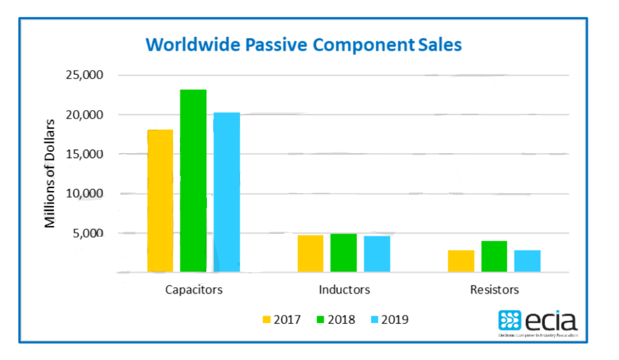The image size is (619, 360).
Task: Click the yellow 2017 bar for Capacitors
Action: pyautogui.click(x=160, y=201)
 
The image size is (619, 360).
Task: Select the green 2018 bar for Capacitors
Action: pyautogui.click(x=193, y=181)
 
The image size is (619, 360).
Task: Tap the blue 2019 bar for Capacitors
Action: pyautogui.click(x=226, y=192)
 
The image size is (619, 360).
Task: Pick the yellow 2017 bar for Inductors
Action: pyautogui.click(x=311, y=253)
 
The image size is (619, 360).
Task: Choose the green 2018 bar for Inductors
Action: pyautogui.click(x=343, y=253)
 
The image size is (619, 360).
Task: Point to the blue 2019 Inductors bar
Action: pyautogui.click(x=377, y=254)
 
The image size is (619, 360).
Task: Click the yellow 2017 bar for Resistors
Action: pyautogui.click(x=461, y=261)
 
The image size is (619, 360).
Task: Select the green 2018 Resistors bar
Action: pyautogui.click(x=494, y=256)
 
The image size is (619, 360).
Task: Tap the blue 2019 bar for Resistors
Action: pyautogui.click(x=527, y=261)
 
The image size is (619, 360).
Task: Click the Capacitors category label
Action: pyautogui.click(x=193, y=289)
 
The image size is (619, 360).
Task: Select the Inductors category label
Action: pyautogui.click(x=344, y=289)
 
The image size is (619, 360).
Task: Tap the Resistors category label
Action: pyautogui.click(x=494, y=289)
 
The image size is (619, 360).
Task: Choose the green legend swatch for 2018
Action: pyautogui.click(x=320, y=319)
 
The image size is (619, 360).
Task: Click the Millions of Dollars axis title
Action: pyautogui.click(x=50, y=173)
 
